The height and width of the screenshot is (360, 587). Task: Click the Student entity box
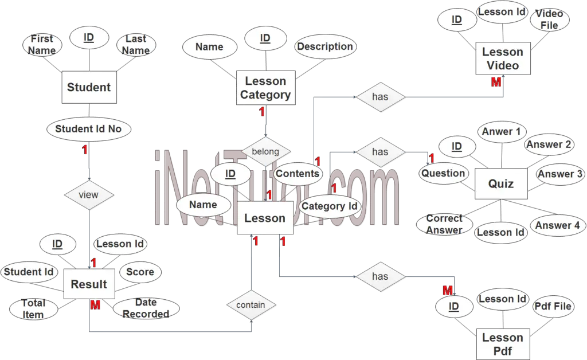[x=89, y=87]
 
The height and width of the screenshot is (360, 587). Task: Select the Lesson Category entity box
[x=266, y=88]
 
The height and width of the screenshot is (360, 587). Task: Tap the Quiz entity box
[x=501, y=184]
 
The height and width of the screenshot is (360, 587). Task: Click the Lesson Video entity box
[x=503, y=58]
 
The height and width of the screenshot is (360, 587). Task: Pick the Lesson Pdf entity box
[x=503, y=345]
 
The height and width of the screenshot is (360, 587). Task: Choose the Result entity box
[x=89, y=284]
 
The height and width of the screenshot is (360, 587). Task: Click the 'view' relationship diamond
[x=89, y=195]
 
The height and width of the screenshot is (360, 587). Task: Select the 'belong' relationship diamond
[x=266, y=151]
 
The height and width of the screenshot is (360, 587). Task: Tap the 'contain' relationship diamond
[x=251, y=305]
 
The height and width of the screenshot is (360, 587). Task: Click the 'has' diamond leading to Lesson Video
[x=381, y=97]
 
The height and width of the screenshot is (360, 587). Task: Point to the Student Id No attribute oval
[x=89, y=129]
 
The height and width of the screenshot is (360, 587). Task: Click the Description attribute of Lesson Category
[x=325, y=47]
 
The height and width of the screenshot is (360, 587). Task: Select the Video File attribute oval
[x=549, y=19]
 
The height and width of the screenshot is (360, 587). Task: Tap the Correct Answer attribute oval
[x=444, y=224]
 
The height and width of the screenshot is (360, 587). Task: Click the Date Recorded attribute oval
[x=146, y=308]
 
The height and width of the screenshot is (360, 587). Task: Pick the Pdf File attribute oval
[x=553, y=307]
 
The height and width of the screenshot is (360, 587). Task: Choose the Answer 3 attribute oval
[x=559, y=174]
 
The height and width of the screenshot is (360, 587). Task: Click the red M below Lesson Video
[x=496, y=82]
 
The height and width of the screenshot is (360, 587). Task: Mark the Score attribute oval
[x=140, y=272]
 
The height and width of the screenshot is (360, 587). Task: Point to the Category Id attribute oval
[x=330, y=206]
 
